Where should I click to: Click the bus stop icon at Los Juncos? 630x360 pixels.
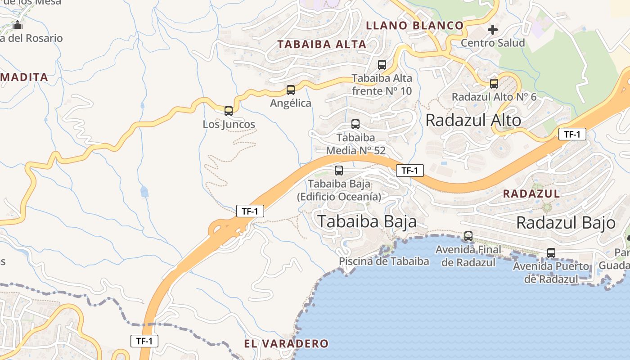click(229, 111)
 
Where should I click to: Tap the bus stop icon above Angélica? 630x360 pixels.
click(291, 90)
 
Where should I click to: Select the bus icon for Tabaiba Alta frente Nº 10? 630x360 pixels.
click(382, 65)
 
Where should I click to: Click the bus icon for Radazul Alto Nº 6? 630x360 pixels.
click(494, 84)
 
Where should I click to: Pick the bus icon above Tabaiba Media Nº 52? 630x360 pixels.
click(355, 124)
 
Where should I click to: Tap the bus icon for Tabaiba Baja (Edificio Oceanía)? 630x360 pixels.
click(339, 171)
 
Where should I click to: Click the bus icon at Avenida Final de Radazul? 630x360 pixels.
click(468, 236)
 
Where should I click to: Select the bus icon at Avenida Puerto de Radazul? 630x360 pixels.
click(551, 253)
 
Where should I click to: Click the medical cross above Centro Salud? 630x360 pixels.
click(493, 30)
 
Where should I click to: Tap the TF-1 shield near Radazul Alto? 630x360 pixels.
click(572, 134)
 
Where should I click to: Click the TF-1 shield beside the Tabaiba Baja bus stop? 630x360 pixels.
click(410, 171)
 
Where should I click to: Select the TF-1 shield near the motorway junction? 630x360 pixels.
click(250, 211)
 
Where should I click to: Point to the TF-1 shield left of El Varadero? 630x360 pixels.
click(144, 341)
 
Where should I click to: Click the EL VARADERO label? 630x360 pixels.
click(286, 344)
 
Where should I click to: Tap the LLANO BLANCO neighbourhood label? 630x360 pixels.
click(414, 26)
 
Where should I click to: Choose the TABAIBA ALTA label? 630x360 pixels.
click(322, 44)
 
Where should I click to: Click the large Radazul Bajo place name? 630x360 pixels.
click(566, 222)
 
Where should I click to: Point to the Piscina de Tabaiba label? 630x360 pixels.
click(384, 261)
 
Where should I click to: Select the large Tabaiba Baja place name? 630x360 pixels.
click(367, 221)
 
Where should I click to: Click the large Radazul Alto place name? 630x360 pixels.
click(473, 120)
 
